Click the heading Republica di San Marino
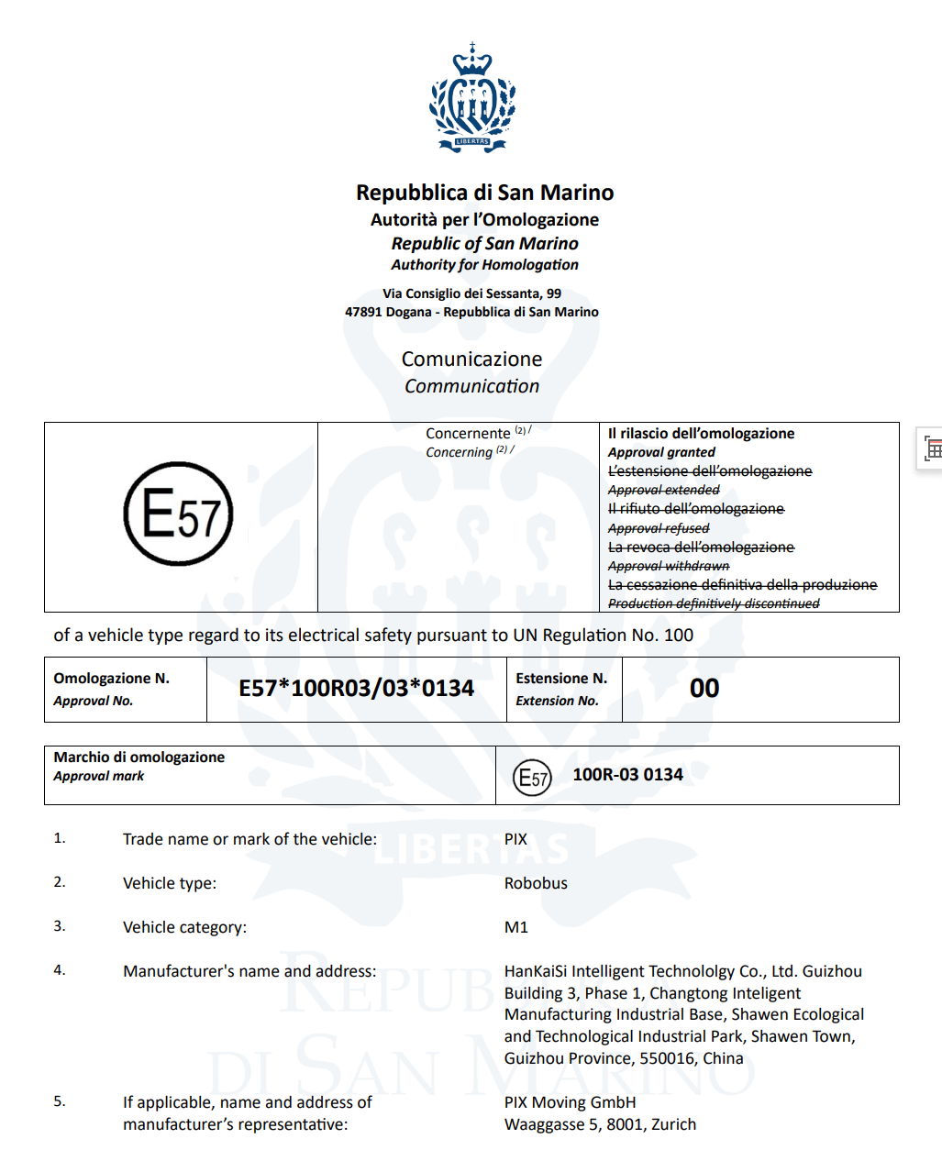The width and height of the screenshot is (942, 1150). (484, 193)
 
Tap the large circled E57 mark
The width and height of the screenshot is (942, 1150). (179, 514)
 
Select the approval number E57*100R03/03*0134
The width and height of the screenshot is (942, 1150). (357, 689)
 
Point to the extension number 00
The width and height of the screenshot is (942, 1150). (704, 689)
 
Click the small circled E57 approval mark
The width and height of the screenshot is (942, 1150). (532, 778)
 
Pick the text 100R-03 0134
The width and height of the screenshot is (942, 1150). (627, 775)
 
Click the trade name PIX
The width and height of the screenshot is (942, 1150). (515, 839)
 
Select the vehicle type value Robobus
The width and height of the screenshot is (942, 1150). (536, 883)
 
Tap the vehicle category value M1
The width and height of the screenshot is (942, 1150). (516, 927)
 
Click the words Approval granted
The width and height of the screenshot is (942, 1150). (661, 452)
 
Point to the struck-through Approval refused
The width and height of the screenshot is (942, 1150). (659, 528)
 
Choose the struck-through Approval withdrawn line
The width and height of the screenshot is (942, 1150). (669, 566)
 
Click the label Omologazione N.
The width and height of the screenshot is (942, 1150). (111, 679)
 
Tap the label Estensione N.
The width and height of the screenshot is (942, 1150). (561, 679)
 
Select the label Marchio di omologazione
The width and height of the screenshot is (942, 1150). (139, 757)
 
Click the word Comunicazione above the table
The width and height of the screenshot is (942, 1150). (471, 359)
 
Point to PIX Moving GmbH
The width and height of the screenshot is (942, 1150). (570, 1102)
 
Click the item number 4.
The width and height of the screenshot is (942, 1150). (60, 970)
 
